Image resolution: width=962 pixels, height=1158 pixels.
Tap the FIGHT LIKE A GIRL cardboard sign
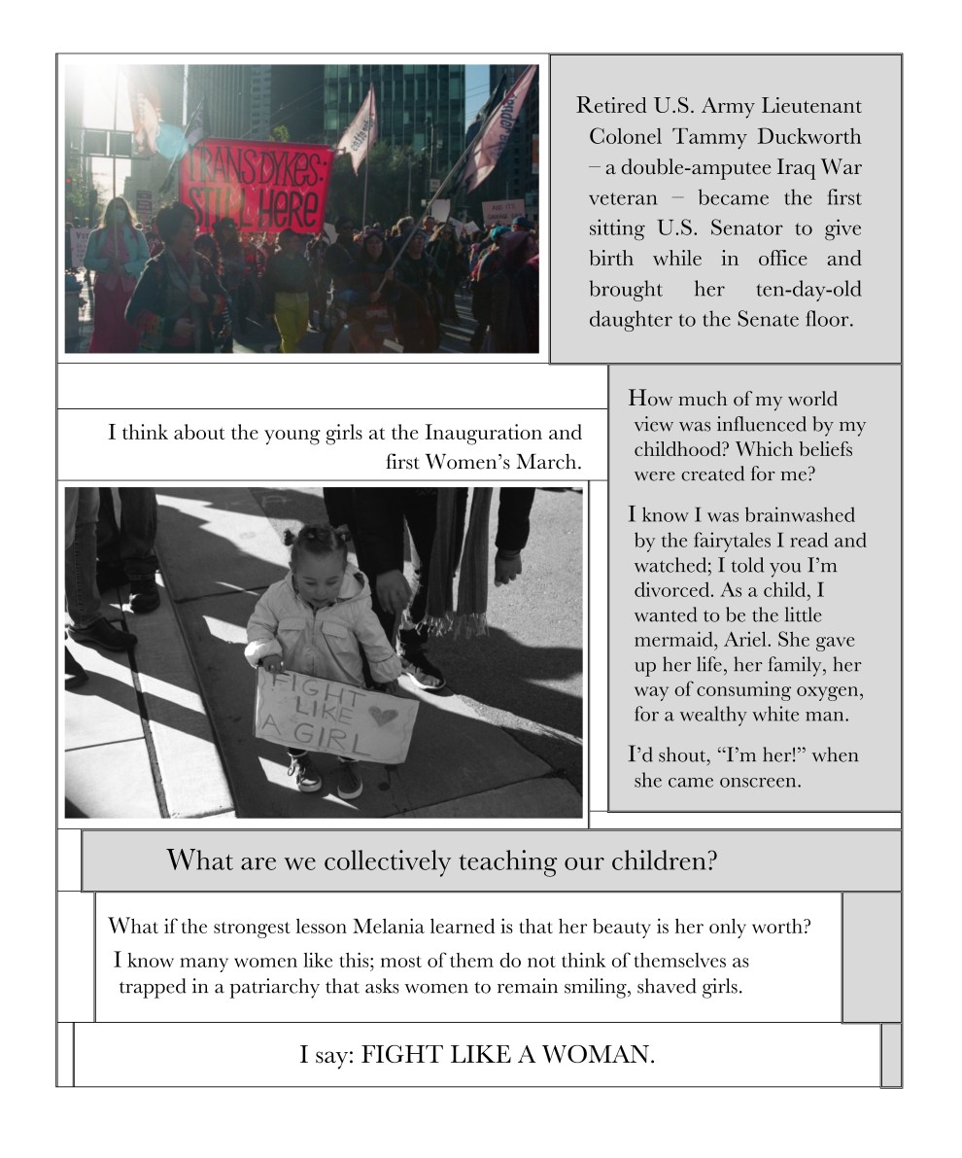point(335,716)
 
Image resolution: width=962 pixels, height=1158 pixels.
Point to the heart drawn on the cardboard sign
point(384,717)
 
